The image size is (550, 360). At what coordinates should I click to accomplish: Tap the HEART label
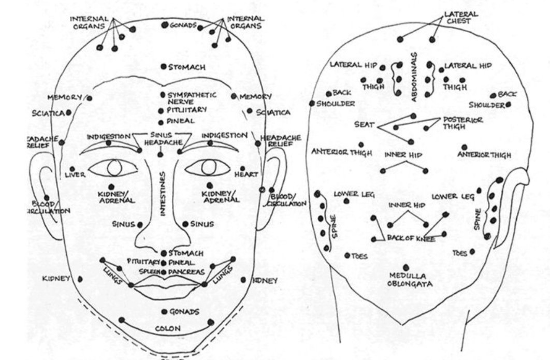coord(245,175)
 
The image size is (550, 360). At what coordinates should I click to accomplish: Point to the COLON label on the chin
coord(168,328)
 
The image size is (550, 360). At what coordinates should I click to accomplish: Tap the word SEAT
coord(364,125)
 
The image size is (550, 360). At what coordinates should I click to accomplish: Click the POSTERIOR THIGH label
coord(462,123)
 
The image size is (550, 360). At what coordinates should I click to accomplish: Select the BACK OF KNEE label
coord(411,238)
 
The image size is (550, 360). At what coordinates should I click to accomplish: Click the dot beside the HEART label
coord(242,168)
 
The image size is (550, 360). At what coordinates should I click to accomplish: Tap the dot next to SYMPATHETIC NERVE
coord(162,95)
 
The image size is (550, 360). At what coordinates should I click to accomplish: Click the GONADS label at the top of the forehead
coord(182,25)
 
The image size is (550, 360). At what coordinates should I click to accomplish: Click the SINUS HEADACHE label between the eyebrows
coord(161,138)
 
